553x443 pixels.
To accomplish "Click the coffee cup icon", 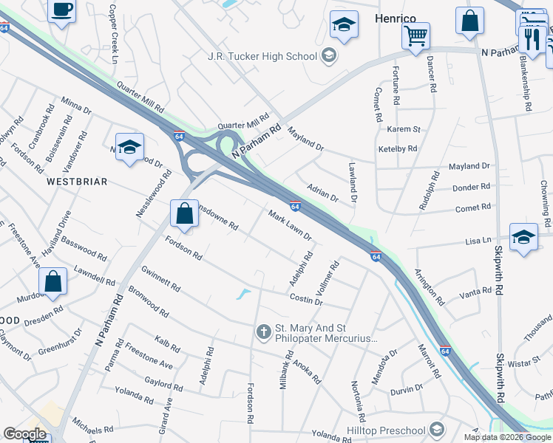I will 62,10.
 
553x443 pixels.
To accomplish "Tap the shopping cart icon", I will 416,34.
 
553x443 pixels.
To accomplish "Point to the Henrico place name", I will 396,17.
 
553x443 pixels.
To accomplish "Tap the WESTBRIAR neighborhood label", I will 78,181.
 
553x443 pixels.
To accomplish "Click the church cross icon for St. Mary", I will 263,333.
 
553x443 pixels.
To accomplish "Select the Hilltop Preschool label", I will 386,430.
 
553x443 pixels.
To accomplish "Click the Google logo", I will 24,434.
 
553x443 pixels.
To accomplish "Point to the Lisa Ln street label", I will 477,241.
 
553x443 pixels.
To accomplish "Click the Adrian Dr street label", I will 322,193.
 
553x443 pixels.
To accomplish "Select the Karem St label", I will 404,129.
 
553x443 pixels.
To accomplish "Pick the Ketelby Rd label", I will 398,148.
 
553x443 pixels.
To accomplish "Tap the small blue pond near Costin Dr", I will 243,295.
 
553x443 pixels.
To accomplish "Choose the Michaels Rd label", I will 92,428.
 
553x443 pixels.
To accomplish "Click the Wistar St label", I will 524,363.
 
